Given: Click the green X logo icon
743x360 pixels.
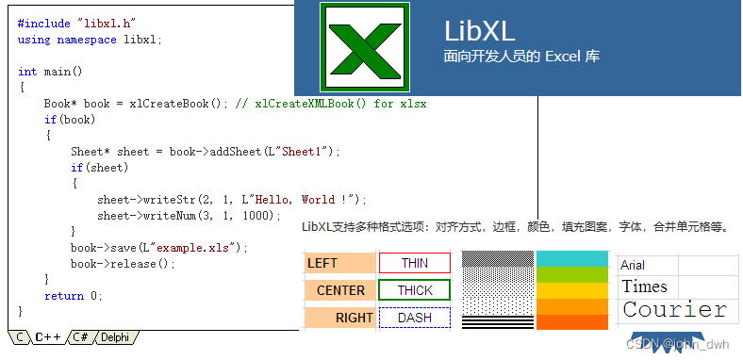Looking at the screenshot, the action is click(364, 46).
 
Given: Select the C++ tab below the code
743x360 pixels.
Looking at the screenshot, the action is click(48, 336).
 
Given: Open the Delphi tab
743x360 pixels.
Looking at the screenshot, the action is click(114, 336).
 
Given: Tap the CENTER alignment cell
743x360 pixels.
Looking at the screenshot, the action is click(339, 290).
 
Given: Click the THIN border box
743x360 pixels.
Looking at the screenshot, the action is click(415, 263).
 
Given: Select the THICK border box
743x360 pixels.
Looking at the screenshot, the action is click(415, 290).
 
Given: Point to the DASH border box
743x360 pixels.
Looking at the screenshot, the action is click(415, 318).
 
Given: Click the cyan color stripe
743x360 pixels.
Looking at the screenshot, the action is click(572, 258).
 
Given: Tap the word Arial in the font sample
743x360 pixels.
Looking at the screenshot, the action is click(633, 266).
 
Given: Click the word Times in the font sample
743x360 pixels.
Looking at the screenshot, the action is click(644, 286).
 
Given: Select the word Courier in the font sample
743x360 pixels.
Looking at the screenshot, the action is click(675, 310).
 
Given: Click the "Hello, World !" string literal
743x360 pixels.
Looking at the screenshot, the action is click(304, 200).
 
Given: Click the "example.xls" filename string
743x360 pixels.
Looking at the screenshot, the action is click(196, 248).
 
